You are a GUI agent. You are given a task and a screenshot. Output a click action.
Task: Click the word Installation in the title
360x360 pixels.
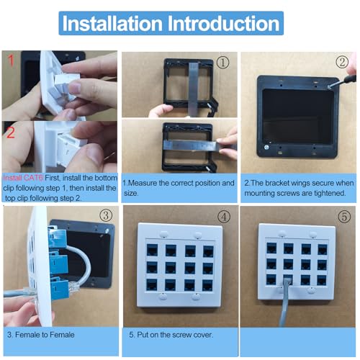point(112,23)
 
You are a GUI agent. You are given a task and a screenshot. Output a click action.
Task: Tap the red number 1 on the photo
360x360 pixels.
point(11,60)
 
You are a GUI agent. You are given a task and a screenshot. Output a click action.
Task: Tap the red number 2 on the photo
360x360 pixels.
point(11,132)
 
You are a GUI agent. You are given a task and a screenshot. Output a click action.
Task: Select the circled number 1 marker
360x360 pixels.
point(222,63)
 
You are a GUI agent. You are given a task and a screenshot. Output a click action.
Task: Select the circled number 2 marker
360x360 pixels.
point(342,62)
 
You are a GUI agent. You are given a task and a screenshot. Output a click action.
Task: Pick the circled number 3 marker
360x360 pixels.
point(106,215)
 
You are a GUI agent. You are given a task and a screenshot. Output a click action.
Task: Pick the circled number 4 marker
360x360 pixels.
point(224,217)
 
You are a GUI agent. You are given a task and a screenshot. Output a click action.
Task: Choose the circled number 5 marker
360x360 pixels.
point(344,217)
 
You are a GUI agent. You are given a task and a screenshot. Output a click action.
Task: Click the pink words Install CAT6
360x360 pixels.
point(23,178)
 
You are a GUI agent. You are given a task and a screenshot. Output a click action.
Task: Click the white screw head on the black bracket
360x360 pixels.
point(266,148)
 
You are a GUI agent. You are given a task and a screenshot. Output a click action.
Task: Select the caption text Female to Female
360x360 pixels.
point(45,335)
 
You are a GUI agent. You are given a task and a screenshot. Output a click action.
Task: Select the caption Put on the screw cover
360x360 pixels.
point(171,335)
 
